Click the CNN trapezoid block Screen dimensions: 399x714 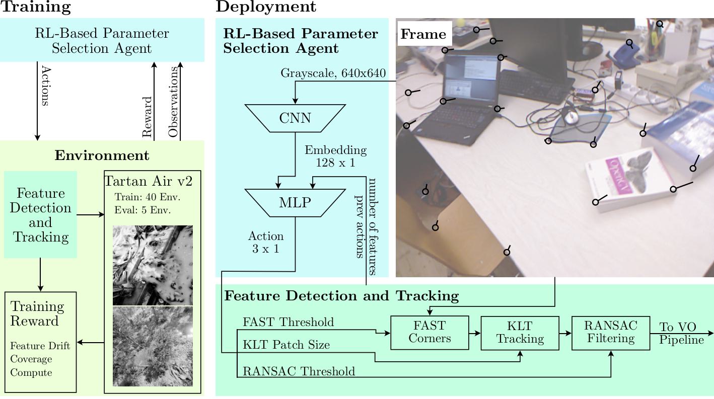click(295, 118)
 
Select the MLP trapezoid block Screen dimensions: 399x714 click(295, 203)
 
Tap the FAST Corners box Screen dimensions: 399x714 click(430, 332)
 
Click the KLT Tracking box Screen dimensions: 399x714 click(520, 333)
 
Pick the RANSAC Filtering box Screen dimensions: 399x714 click(610, 332)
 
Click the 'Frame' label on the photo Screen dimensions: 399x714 click(423, 34)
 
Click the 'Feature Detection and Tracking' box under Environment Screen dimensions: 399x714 click(40, 215)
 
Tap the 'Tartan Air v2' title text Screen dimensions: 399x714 click(148, 181)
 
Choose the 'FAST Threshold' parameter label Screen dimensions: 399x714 click(288, 322)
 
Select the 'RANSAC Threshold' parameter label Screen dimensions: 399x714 click(299, 371)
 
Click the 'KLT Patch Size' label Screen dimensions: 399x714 click(286, 345)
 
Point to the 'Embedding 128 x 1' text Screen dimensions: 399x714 click(335, 156)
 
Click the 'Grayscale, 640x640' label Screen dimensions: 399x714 click(333, 73)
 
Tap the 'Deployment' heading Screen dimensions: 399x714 click(266, 7)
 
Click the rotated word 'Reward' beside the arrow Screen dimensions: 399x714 click(147, 117)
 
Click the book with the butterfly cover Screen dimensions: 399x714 click(629, 179)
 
